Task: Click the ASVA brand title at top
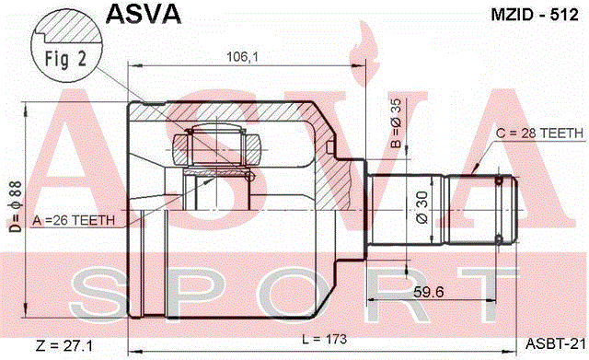point(144,15)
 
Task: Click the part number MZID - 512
point(535,15)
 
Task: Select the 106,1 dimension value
point(242,57)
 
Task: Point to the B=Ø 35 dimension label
point(396,123)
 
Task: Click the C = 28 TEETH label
point(540,133)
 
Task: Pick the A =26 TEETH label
point(74,220)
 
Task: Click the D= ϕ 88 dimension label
point(17,206)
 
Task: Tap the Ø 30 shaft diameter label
point(422,208)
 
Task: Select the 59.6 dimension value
point(429,292)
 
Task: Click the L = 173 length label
point(324,340)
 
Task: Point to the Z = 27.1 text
point(64,345)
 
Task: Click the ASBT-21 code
point(555,343)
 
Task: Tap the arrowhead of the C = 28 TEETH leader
point(474,169)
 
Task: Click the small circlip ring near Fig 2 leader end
point(249,176)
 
